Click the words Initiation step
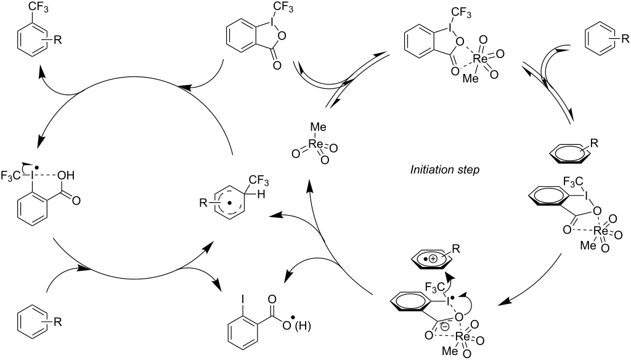[445, 170]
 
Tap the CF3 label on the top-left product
[38, 7]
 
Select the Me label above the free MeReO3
[319, 127]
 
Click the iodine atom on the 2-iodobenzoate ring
[243, 299]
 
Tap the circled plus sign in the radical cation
[432, 260]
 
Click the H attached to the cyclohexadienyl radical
[261, 195]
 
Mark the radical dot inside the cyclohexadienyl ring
[229, 203]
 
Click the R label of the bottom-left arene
[58, 321]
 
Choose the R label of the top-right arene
[625, 39]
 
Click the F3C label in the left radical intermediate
[11, 176]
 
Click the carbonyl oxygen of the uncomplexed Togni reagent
[276, 65]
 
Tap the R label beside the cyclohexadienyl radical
[203, 203]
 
